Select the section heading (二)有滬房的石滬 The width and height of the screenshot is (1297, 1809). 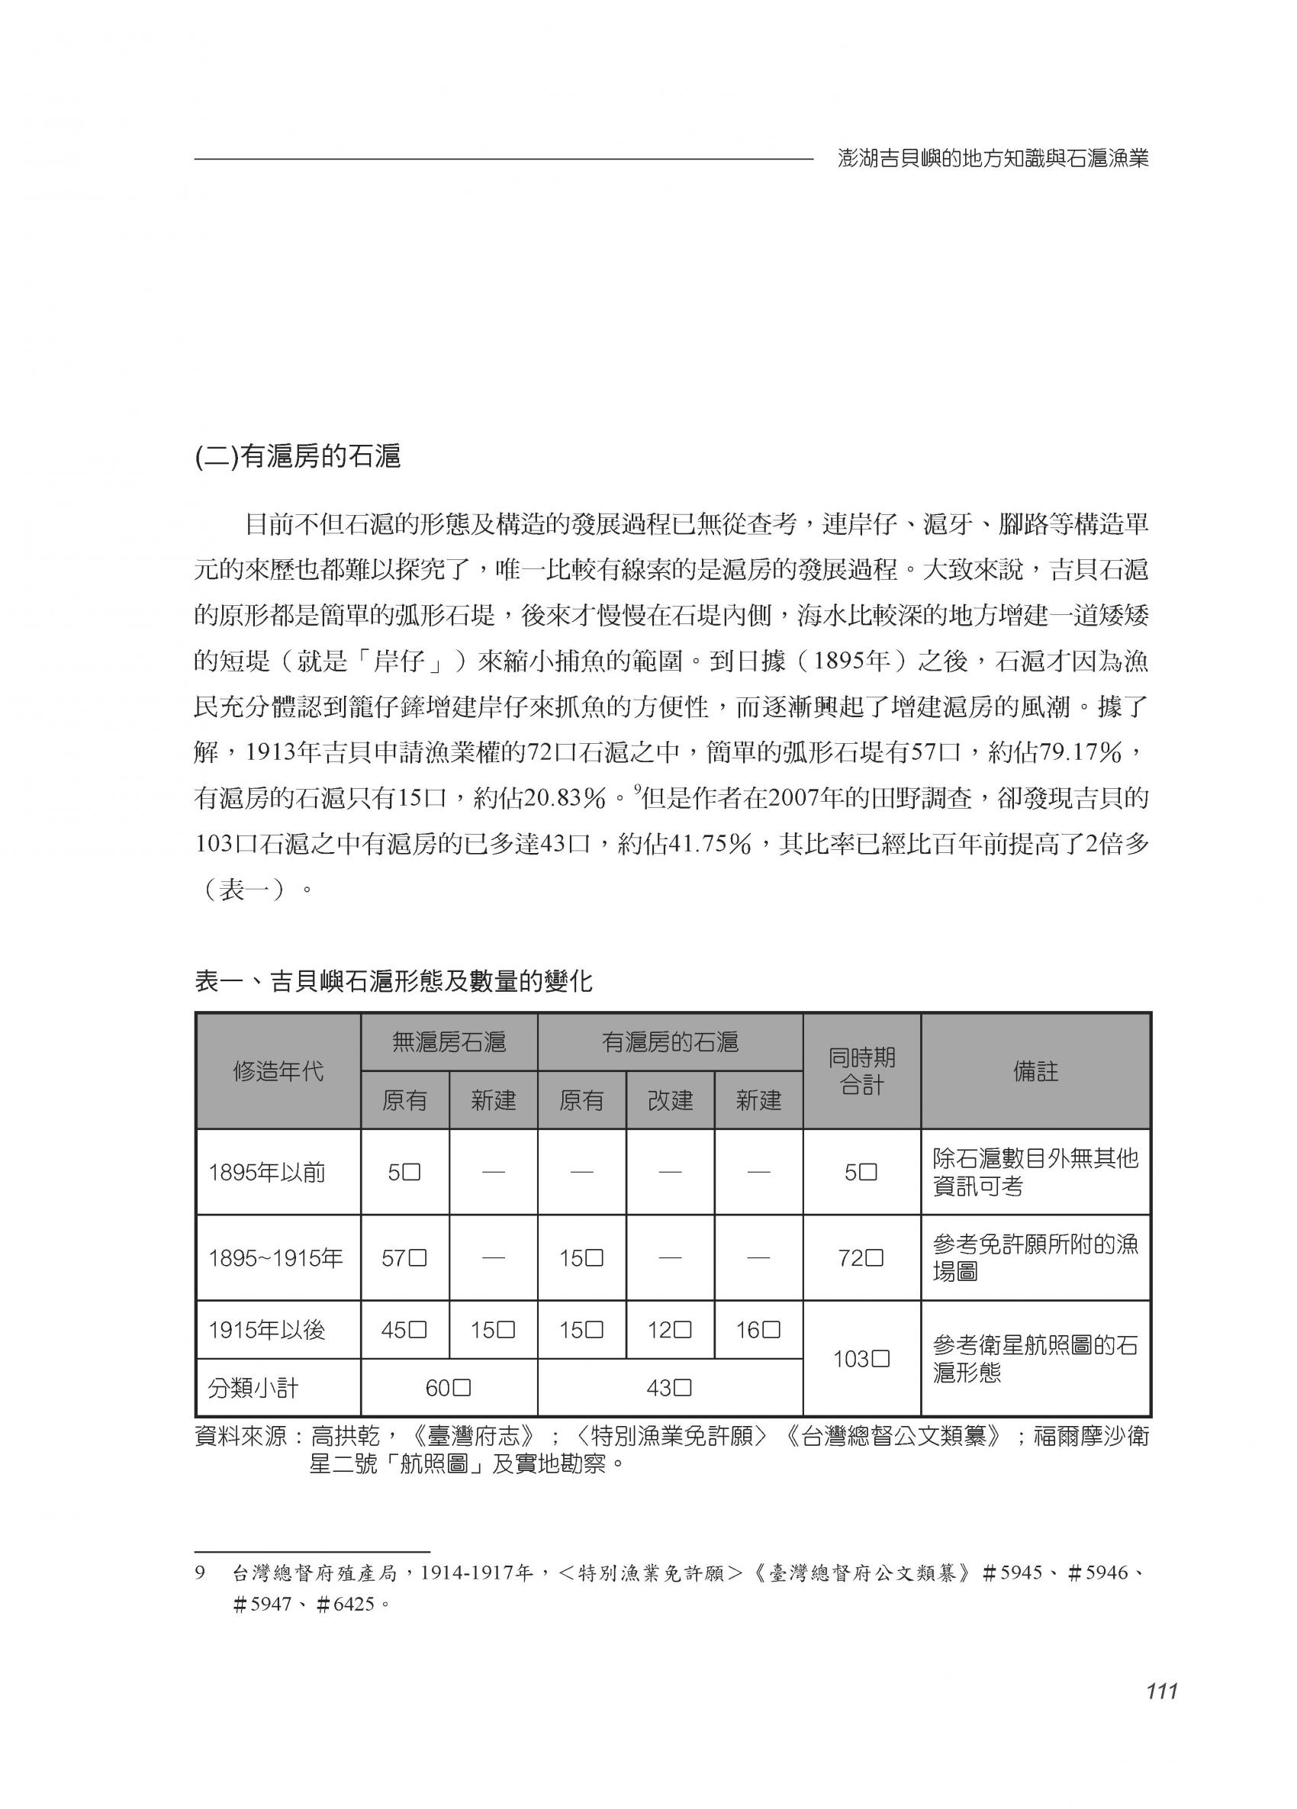(x=298, y=457)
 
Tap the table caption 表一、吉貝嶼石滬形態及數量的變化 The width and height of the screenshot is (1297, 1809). (x=394, y=981)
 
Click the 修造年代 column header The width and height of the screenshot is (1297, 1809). (x=278, y=1071)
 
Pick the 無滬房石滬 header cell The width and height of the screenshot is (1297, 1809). (x=449, y=1042)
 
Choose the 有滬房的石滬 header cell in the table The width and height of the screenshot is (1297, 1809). (x=670, y=1042)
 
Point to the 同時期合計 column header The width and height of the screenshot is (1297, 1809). (x=861, y=1071)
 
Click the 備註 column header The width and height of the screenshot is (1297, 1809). (x=1035, y=1071)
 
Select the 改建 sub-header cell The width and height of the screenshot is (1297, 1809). (x=670, y=1101)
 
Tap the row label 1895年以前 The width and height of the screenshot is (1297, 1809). (x=266, y=1173)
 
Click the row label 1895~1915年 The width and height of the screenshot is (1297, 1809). (x=275, y=1258)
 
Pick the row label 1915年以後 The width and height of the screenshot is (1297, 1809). (x=266, y=1330)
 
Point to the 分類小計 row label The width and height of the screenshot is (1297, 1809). (x=253, y=1388)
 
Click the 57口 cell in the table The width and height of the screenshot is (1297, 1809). (x=404, y=1258)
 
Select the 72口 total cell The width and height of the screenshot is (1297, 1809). (x=861, y=1258)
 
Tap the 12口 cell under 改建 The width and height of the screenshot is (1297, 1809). (x=670, y=1330)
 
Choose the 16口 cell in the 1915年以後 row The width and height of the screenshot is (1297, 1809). (x=758, y=1330)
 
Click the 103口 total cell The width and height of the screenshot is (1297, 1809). (x=861, y=1358)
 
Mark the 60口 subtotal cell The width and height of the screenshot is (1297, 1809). (x=449, y=1388)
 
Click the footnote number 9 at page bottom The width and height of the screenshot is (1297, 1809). (x=200, y=1572)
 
